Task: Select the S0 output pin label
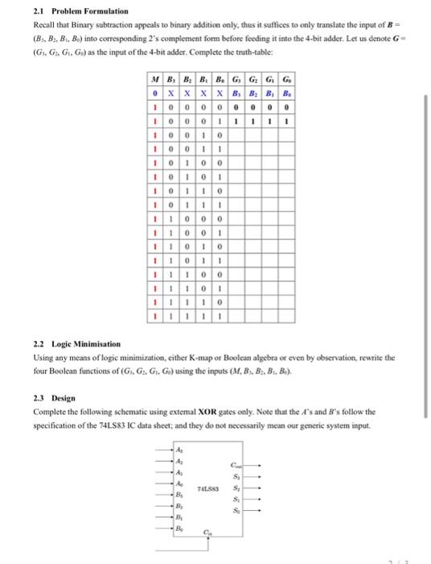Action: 235,510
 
